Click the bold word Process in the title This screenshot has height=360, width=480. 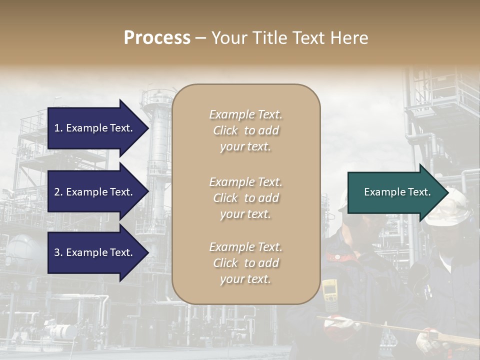coord(157,38)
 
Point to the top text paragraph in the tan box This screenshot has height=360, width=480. coord(246,130)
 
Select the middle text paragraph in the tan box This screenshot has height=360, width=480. coord(246,198)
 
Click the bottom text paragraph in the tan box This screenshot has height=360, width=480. coord(246,263)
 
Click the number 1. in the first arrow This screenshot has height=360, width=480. coord(58,128)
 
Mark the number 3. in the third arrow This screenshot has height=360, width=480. coord(58,252)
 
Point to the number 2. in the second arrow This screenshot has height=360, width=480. coord(58,192)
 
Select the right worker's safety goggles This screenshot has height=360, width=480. coord(452,210)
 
